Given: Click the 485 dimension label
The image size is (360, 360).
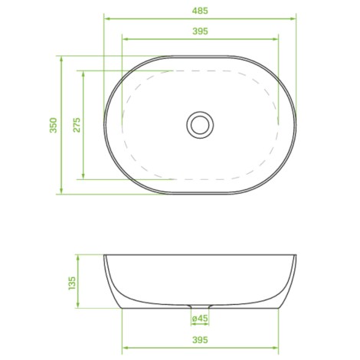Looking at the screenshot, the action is tap(200, 11).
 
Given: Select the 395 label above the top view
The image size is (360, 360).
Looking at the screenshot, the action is tap(200, 31).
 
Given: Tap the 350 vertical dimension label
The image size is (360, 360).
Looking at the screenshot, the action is tap(54, 125).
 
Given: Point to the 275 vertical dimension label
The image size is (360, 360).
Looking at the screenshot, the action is tap(77, 125).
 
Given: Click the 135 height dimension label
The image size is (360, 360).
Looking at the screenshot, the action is tap(72, 283).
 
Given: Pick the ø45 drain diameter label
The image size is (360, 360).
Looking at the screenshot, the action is tap(200, 318).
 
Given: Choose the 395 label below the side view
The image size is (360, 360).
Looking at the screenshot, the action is tap(200, 340).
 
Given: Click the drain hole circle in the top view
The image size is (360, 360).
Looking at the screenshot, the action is tap(200, 125).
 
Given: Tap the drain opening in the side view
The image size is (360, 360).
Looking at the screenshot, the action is tap(200, 306).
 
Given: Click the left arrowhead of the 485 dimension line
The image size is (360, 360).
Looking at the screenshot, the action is tap(107, 18).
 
